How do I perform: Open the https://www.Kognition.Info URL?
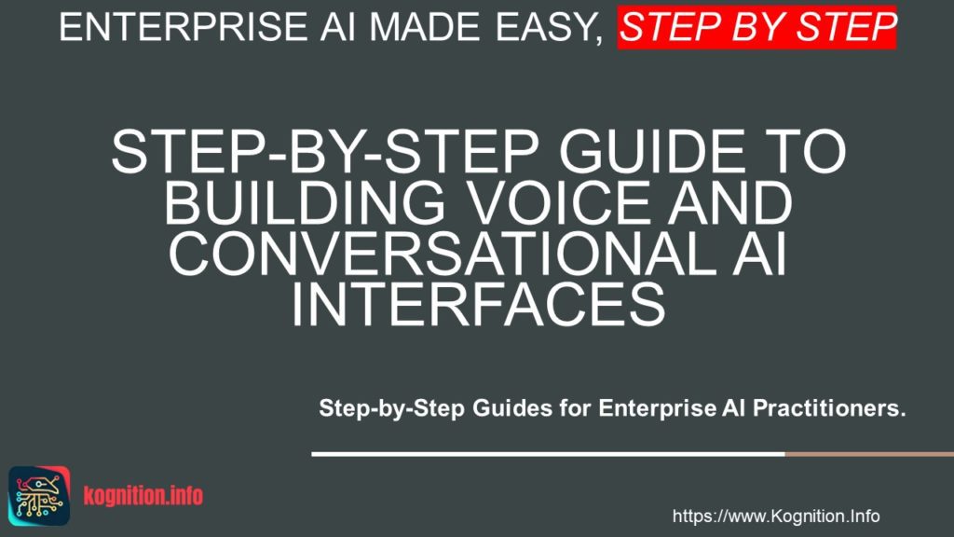(x=775, y=516)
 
